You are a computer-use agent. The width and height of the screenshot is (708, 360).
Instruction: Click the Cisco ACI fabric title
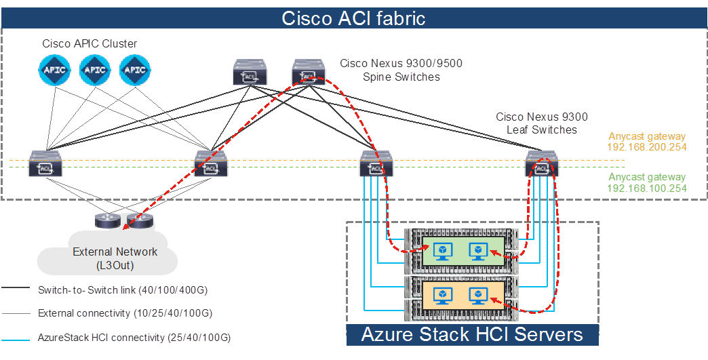tap(353, 18)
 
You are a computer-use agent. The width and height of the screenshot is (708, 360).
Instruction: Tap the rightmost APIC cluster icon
tap(136, 70)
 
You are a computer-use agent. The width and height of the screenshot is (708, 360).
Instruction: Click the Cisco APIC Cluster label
tap(90, 44)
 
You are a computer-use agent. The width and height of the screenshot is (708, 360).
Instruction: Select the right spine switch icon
tap(309, 73)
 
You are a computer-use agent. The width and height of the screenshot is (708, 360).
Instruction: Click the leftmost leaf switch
tap(45, 165)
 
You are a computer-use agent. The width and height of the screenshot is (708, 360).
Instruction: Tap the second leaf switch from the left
tap(210, 165)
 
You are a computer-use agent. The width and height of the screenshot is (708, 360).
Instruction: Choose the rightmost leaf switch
tap(542, 165)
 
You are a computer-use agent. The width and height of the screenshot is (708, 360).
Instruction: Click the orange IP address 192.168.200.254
tap(647, 147)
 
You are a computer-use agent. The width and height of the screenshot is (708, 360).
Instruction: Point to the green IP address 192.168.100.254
tap(647, 188)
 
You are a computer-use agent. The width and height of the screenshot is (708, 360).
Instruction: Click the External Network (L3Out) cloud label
tap(115, 258)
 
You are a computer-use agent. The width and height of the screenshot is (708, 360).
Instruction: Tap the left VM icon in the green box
tap(443, 252)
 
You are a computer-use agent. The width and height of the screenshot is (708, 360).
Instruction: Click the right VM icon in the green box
tap(478, 252)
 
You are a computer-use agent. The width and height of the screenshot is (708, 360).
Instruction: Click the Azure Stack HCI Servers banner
tap(472, 334)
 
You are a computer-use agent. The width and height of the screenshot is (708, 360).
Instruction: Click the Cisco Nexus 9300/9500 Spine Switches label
tap(401, 71)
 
